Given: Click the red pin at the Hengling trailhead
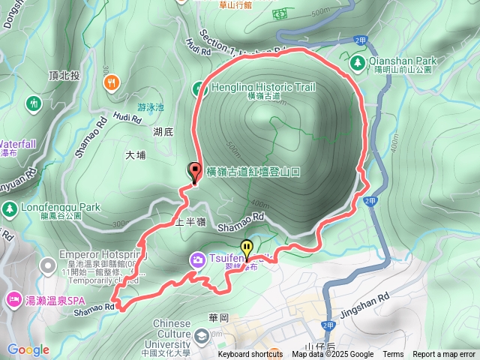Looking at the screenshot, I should point(195,172).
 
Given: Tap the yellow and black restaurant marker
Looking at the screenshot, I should point(246,248).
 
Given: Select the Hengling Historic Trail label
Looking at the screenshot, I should point(253,88).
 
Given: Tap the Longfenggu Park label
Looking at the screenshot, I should point(56,207).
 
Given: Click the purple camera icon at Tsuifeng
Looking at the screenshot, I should point(198,259).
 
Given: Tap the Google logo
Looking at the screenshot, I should point(28,349).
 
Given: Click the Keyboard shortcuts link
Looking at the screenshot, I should point(250,355).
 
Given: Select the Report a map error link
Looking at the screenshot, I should point(444,355).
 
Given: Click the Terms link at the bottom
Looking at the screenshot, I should point(393,355).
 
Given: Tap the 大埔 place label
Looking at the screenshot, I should point(136,155).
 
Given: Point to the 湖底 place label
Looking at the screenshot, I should point(163,133).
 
